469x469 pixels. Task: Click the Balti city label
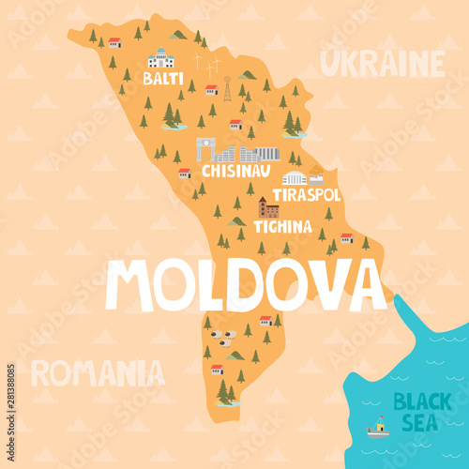pos(163,79)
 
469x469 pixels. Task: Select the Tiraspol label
pos(306,194)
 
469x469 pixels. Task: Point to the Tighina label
pos(282,226)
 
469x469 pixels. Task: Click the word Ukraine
pos(382,64)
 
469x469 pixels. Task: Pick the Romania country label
pos(98,373)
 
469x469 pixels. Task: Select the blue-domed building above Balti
pos(161,58)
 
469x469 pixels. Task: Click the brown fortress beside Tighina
pos(269,207)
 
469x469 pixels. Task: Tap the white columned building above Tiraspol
pos(295,177)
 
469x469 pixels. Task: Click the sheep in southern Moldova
pos(221,335)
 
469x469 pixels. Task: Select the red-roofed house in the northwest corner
pos(114,42)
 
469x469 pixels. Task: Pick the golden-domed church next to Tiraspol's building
pos(316,176)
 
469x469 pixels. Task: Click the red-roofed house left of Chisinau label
pos(185,173)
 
